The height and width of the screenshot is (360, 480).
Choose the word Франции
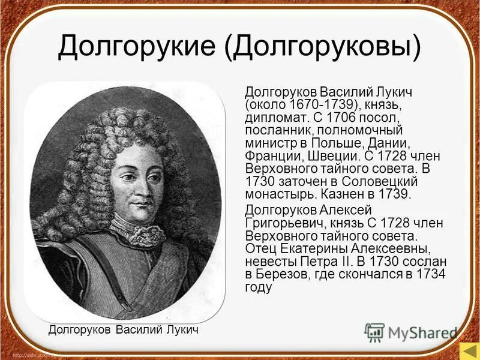pos(269,156)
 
